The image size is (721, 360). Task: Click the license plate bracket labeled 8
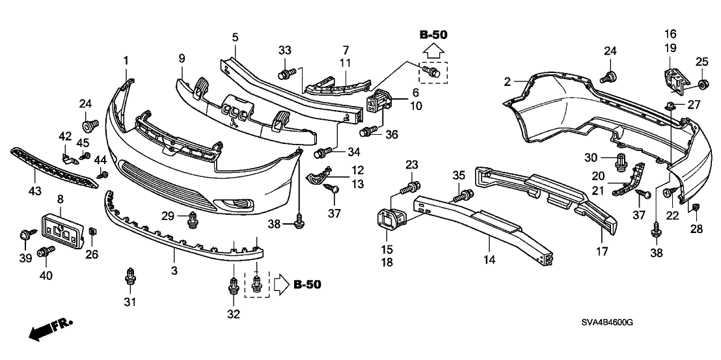[63, 230]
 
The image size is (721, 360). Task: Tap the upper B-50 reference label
[432, 35]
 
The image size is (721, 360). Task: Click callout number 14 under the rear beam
[489, 260]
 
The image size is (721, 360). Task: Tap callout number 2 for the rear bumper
[507, 82]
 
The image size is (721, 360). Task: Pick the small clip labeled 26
[92, 231]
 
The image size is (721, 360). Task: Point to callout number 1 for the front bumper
[126, 61]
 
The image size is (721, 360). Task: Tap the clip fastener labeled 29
[193, 221]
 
